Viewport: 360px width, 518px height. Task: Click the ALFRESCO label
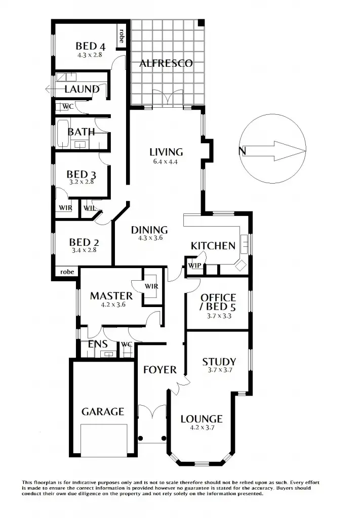[x=166, y=63]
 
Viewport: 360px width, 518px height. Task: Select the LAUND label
[x=82, y=89]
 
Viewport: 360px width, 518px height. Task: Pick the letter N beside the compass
[x=242, y=151]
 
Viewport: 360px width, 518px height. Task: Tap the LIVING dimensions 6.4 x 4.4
[x=166, y=162]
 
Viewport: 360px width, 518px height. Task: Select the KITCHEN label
[x=213, y=246]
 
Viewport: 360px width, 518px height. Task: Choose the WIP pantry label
[x=194, y=266]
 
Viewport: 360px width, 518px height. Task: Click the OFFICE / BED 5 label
[x=218, y=302]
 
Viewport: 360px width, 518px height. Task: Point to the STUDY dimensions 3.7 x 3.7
[x=219, y=370]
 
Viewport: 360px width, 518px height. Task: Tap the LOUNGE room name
[x=202, y=419]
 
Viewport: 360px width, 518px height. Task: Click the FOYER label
[x=159, y=369]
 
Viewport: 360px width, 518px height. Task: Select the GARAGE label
[x=103, y=411]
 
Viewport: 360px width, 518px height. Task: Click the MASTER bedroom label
[x=111, y=296]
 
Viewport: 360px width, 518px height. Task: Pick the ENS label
[x=98, y=344]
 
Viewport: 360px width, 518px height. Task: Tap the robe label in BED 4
[x=122, y=34]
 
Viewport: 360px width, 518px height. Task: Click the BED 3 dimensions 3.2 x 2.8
[x=82, y=182]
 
